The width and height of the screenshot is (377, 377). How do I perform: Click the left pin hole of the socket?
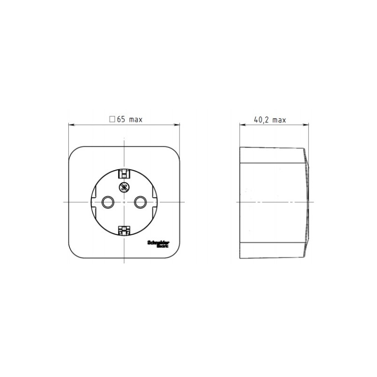click(108, 202)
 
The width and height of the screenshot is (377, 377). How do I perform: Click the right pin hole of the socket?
click(140, 202)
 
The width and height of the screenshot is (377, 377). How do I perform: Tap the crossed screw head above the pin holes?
click(124, 187)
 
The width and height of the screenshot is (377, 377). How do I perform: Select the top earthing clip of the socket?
click(124, 173)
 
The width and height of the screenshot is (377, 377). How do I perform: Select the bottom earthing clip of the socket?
click(124, 230)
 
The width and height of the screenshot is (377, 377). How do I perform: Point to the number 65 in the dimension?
click(121, 120)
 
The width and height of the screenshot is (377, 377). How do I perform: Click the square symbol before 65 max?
click(112, 120)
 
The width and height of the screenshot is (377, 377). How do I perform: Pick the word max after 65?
click(135, 120)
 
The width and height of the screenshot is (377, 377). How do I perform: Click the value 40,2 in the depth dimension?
click(262, 120)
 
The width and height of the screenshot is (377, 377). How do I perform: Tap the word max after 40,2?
click(279, 120)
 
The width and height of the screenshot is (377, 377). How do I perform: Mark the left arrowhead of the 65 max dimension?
click(71, 125)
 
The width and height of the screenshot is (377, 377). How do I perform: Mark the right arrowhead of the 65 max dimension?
click(178, 125)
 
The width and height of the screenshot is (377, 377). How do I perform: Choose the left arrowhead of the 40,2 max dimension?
click(242, 125)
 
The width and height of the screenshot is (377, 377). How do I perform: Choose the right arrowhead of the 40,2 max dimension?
click(307, 125)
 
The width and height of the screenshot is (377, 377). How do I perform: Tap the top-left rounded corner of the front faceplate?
click(74, 152)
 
